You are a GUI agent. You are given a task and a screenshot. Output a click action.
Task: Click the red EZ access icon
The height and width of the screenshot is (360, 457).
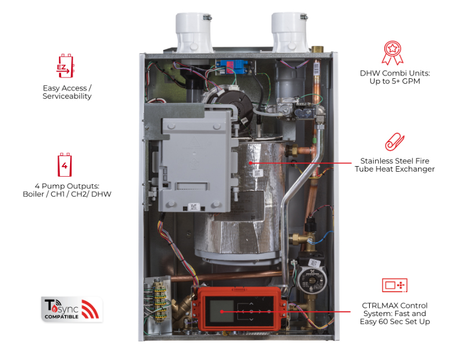point(65,66)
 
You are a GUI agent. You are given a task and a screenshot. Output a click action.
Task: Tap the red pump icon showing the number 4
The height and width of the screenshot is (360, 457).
point(64,164)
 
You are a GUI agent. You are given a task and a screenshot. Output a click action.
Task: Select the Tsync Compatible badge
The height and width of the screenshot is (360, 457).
point(72,309)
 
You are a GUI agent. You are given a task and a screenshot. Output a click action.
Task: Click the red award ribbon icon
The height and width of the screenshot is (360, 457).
point(393,53)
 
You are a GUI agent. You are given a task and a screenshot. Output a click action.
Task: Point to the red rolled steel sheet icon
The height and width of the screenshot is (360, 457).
point(395,142)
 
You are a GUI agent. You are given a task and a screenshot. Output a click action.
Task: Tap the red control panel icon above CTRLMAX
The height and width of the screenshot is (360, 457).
point(395,285)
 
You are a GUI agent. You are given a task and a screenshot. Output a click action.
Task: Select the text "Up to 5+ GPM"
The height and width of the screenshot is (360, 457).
point(395,81)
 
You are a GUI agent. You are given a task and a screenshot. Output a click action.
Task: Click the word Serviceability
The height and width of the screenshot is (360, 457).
point(67,97)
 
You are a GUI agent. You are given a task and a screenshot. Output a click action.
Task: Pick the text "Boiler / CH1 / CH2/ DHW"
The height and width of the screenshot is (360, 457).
point(67,194)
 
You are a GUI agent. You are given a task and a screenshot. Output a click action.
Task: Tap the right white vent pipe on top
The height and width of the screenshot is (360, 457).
point(290,32)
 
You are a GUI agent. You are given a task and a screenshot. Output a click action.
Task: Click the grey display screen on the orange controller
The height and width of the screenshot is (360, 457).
point(221,311)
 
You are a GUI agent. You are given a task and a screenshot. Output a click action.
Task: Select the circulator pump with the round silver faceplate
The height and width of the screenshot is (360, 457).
point(311,280)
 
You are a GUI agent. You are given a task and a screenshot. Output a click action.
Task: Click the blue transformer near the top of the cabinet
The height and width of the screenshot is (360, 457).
point(232,67)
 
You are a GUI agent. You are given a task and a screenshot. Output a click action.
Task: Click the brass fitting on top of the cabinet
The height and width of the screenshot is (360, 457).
point(316,49)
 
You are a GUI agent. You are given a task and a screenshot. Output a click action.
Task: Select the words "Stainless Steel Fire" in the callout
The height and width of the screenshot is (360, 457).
point(395,161)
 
